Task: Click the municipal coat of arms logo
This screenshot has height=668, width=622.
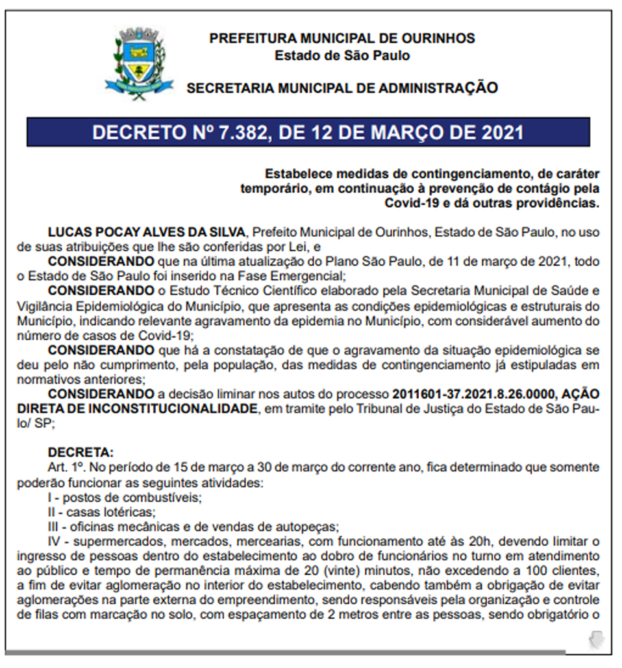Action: [x=139, y=63]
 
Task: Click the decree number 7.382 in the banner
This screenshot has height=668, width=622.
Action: [x=227, y=132]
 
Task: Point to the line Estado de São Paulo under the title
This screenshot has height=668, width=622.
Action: [x=342, y=55]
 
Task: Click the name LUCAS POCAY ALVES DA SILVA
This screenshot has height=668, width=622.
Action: [x=147, y=232]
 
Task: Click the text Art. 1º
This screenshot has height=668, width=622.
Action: [x=66, y=467]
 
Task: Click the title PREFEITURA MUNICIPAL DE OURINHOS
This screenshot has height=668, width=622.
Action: [x=342, y=38]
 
